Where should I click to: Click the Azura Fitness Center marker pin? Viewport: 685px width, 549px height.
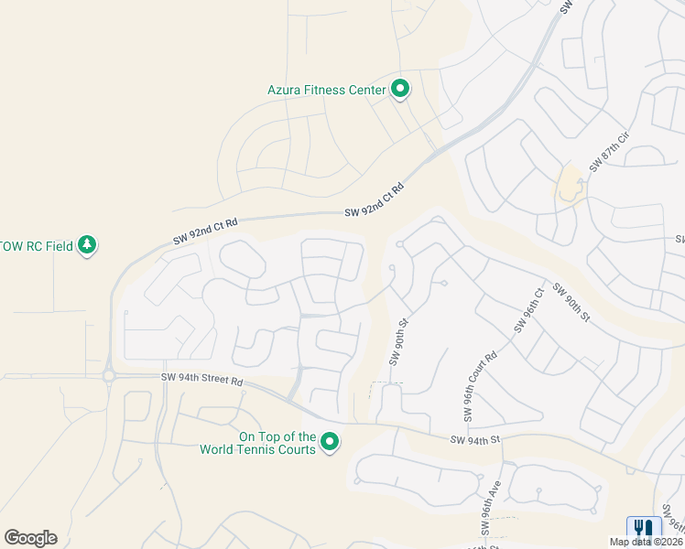coord(400,89)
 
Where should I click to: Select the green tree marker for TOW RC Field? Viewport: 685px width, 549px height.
coord(87,245)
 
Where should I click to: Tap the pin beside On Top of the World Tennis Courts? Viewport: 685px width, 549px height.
coord(331,443)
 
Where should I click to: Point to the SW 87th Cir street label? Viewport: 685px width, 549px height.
coord(610,152)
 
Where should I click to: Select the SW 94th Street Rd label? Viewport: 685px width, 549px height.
coord(202,379)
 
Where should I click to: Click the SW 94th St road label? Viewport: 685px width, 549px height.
coord(476,440)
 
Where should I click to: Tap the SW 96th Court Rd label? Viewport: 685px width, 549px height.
coord(480,385)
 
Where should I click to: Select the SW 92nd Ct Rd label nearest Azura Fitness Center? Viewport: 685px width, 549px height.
coord(375,201)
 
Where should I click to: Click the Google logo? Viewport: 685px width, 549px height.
coord(30,538)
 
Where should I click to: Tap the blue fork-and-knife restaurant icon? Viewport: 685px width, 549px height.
coord(644,529)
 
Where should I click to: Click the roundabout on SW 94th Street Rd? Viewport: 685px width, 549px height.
coord(109,375)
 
